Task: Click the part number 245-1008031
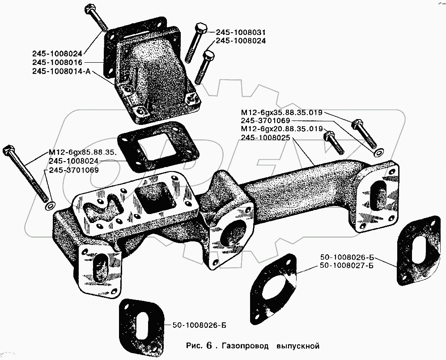pos(241,32)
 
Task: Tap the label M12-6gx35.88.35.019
pos(281,113)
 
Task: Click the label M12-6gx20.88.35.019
pos(281,129)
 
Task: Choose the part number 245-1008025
pos(266,137)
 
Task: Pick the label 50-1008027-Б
pos(347,266)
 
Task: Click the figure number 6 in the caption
pos(209,346)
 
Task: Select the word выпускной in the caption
pos(298,346)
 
